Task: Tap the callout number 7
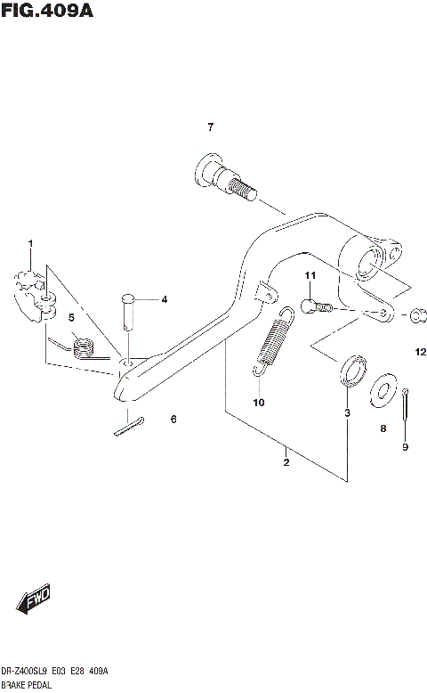211,127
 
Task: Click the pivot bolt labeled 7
222,179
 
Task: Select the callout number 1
29,243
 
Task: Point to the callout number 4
164,300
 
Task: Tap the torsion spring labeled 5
81,346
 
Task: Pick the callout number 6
173,419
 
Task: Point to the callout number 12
420,353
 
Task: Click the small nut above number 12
417,315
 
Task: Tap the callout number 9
404,447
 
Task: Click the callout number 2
286,461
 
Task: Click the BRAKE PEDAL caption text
28,686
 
